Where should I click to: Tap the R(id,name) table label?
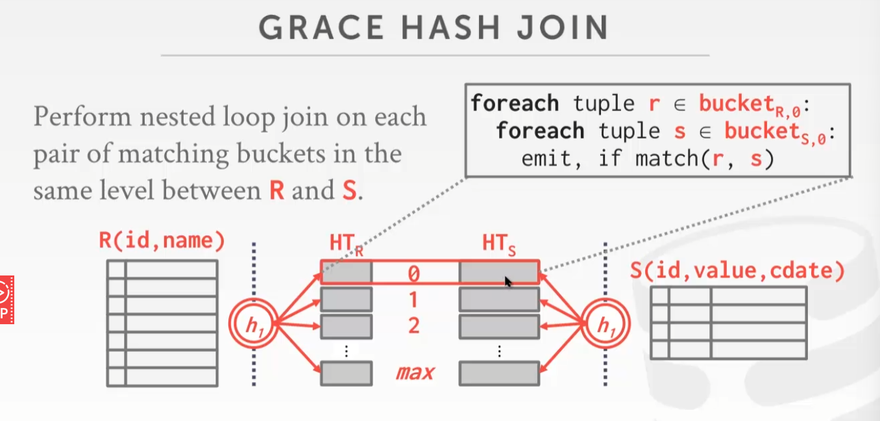162,242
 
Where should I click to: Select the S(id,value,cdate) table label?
737,270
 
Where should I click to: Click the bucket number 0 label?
413,274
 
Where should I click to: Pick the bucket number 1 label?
413,300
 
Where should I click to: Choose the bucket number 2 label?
413,325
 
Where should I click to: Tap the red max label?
415,373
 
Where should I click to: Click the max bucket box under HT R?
347,373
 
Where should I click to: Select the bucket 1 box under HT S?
499,300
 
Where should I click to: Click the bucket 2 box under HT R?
347,325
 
